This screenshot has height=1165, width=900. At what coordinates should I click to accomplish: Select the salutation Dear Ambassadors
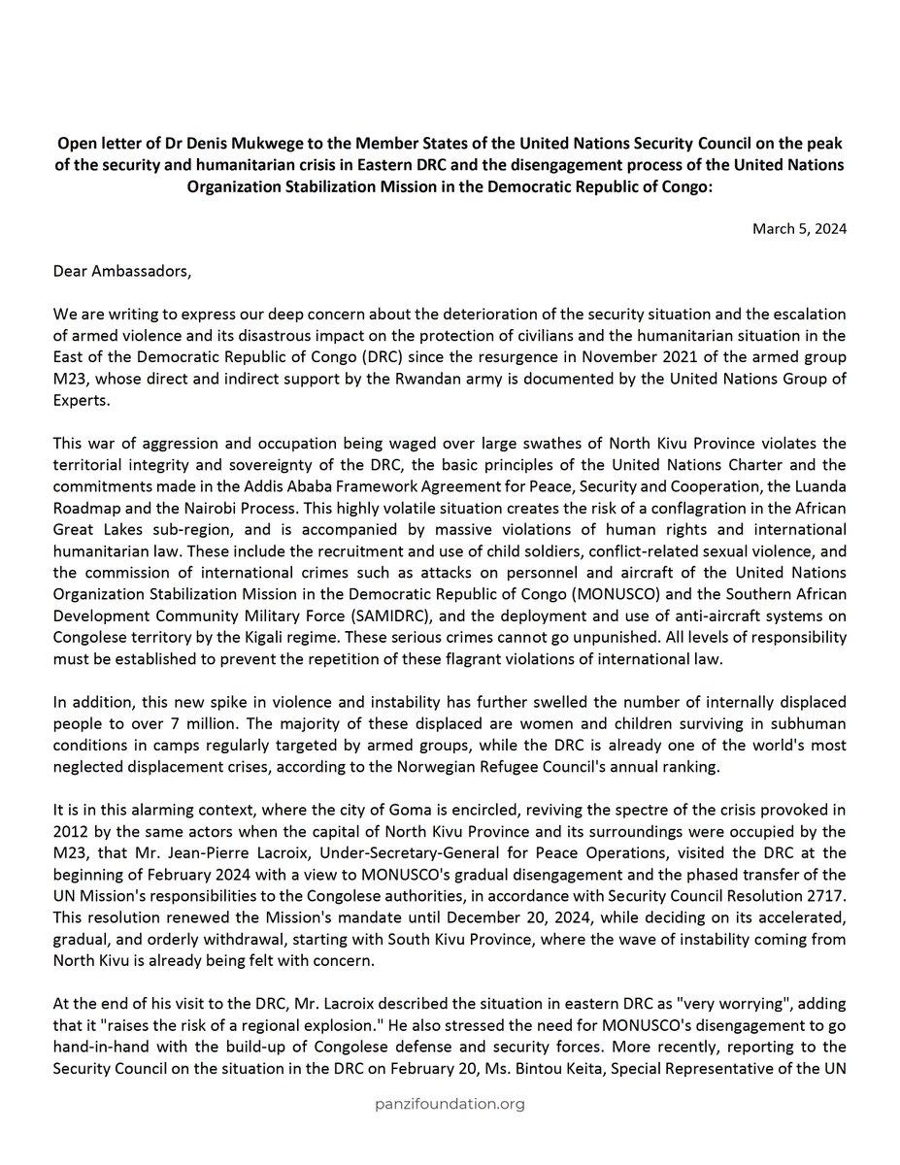pyautogui.click(x=122, y=270)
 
